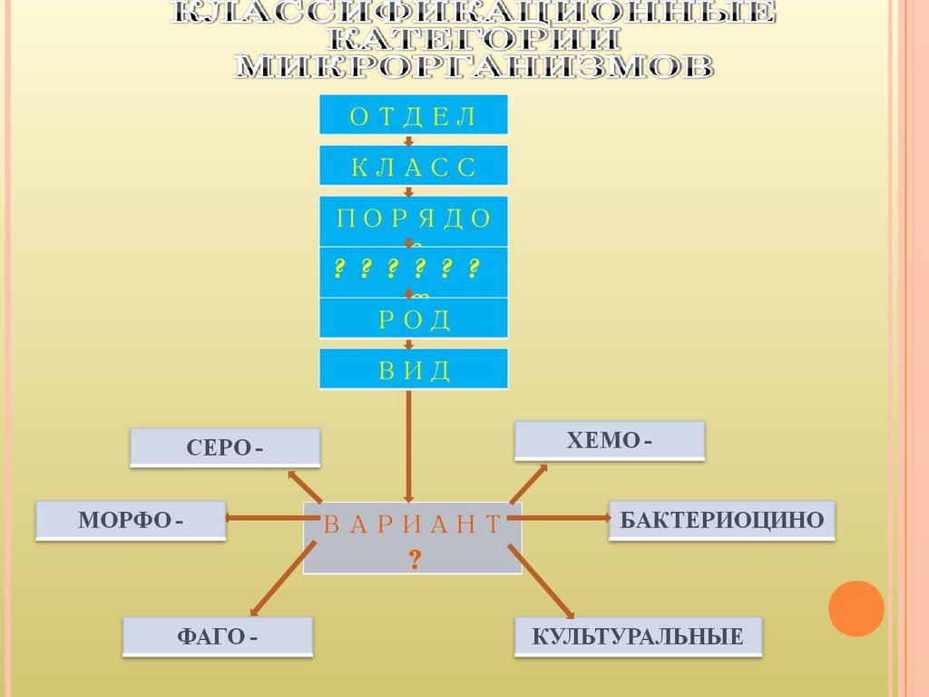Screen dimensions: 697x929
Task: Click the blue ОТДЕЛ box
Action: [x=413, y=114]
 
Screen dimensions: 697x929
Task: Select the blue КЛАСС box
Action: [x=413, y=165]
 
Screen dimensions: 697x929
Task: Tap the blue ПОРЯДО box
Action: [x=413, y=220]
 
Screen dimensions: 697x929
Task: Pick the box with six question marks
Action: [x=413, y=270]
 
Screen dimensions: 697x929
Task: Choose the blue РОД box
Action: [x=413, y=319]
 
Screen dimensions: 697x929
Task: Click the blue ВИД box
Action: [x=413, y=368]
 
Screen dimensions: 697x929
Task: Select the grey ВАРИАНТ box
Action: [x=413, y=537]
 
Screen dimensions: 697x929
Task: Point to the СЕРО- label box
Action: [x=225, y=448]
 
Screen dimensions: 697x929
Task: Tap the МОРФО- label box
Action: [x=131, y=520]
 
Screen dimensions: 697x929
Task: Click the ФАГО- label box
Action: [x=218, y=636]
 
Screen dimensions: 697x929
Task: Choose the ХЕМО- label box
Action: [x=610, y=441]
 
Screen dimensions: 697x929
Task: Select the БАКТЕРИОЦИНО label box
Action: [x=721, y=520]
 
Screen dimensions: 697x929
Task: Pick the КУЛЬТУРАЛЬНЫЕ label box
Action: [x=638, y=636]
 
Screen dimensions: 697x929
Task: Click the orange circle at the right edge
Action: [x=856, y=608]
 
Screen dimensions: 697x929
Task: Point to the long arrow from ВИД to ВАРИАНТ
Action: [x=410, y=445]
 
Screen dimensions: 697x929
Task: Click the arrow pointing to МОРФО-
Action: [x=263, y=517]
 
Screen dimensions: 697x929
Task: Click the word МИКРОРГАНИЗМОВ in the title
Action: [x=473, y=67]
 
